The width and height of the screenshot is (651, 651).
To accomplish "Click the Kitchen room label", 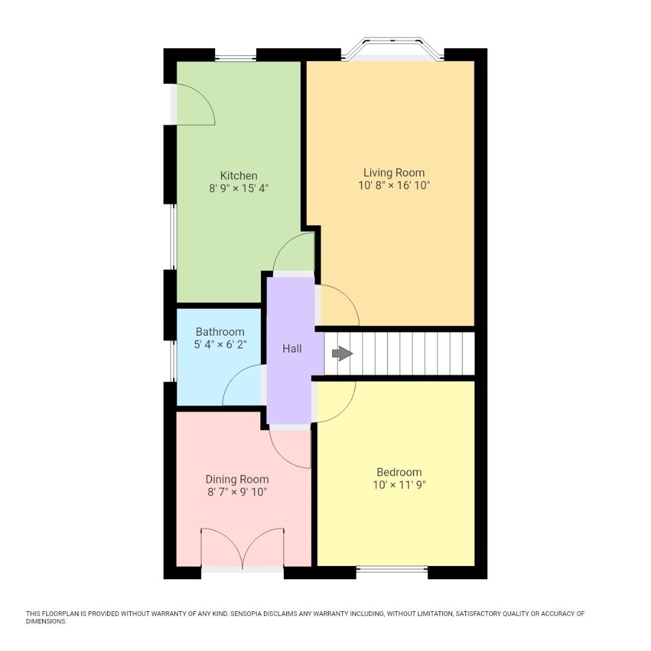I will pos(239,176).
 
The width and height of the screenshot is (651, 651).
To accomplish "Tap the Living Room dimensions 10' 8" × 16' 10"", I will pos(394,186).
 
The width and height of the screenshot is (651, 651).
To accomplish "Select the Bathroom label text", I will pos(220,332).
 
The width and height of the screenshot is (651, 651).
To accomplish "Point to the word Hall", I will pos(292,349).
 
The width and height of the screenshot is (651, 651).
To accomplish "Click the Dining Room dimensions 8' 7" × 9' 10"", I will pos(237,492).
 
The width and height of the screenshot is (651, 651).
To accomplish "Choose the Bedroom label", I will pos(399,472).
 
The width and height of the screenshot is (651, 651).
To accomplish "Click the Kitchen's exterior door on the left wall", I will pos(193,105).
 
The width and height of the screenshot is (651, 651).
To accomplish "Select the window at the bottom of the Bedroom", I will pos(392,568).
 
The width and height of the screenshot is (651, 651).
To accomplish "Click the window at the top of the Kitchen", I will pos(236,58).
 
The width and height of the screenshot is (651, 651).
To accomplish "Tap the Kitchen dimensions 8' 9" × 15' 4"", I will pos(239,189).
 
